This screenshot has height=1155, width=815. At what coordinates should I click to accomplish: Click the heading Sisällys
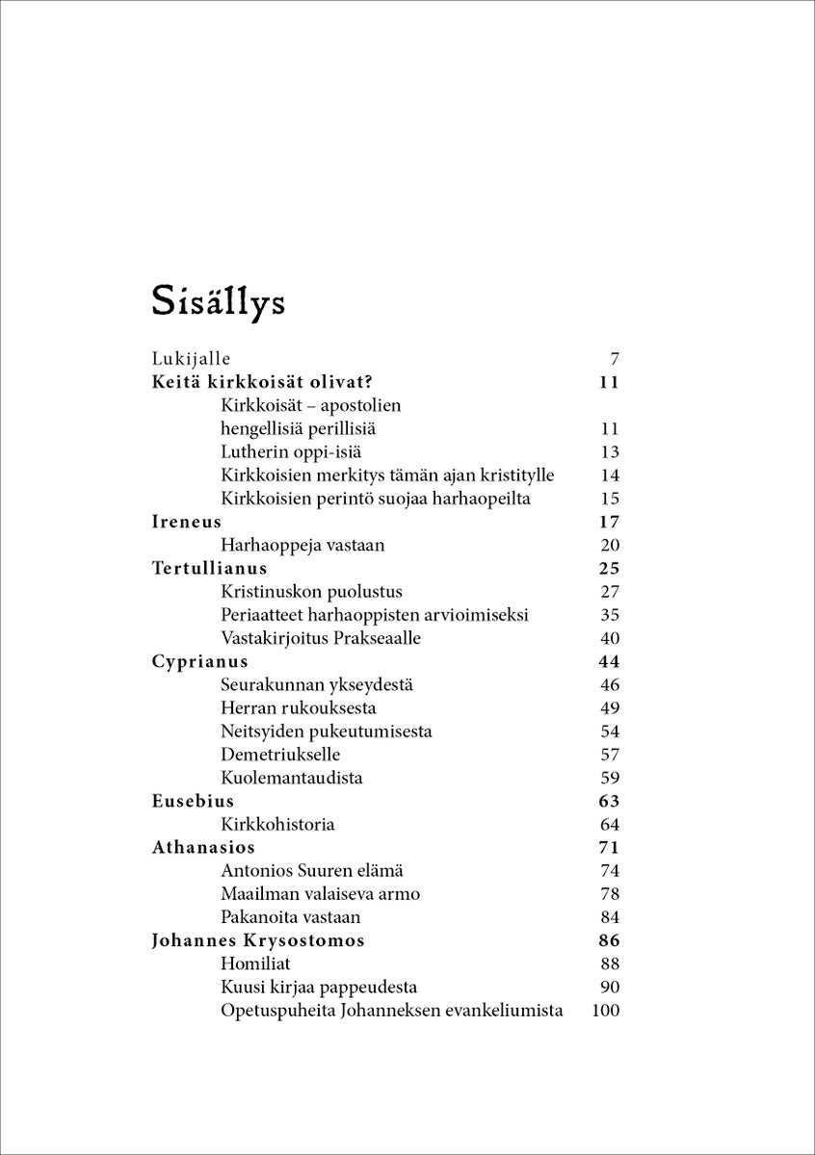click(218, 300)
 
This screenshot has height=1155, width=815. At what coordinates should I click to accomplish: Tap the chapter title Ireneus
click(187, 522)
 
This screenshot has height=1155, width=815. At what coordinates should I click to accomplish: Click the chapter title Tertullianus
click(210, 568)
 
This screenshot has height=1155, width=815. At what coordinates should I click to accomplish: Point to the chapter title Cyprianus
click(200, 661)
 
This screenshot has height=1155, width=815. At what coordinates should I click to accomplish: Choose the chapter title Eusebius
click(193, 801)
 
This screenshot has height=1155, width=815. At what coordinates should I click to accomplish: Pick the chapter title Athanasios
click(203, 847)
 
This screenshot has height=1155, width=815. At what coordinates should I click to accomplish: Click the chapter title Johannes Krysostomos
click(258, 940)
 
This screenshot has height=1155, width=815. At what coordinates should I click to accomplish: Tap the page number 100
click(605, 1011)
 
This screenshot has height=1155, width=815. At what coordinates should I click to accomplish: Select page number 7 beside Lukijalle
click(614, 359)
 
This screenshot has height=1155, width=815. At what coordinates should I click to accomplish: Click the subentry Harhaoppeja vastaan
click(302, 545)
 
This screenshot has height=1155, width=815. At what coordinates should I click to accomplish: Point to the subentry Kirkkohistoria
click(277, 825)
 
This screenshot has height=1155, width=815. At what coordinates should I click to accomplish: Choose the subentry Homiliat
click(255, 963)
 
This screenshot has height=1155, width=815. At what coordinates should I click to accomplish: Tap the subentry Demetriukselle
click(280, 755)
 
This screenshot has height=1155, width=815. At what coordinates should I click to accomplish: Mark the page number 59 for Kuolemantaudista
click(609, 778)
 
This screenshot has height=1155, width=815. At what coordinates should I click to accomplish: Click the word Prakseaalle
click(375, 638)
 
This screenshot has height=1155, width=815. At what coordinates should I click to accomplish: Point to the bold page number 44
click(608, 661)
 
